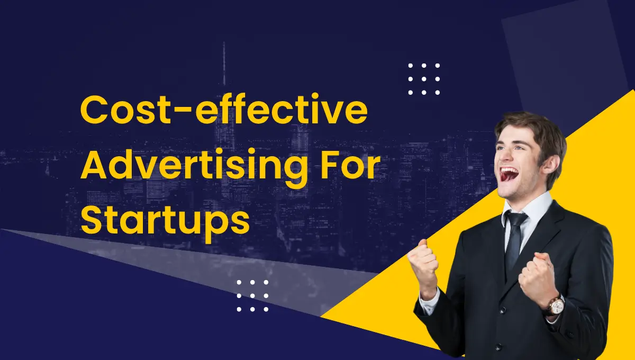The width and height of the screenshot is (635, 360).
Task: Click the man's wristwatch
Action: coord(556,305)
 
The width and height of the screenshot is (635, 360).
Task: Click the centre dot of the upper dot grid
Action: coord(424,79)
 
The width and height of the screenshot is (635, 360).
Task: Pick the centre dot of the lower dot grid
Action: coord(252,295)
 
